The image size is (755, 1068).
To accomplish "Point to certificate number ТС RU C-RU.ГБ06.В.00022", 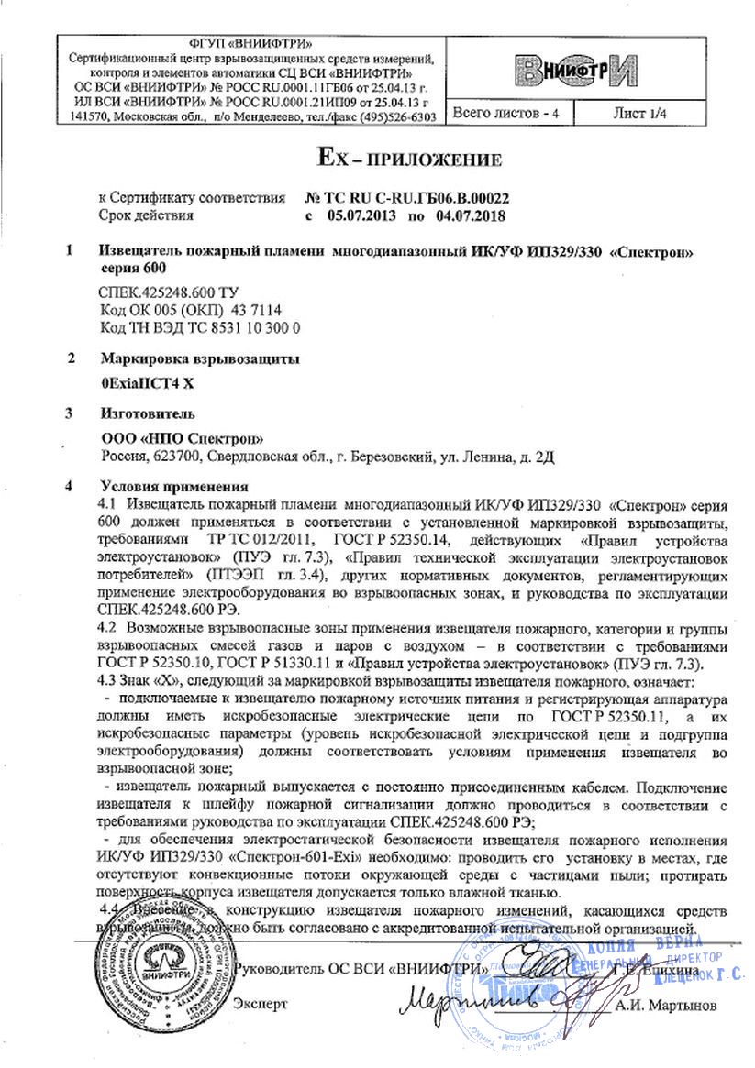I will (405, 198).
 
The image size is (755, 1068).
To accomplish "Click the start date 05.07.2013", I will (357, 215).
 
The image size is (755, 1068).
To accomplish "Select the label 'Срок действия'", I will (146, 215).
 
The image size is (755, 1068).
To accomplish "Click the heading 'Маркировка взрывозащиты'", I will (199, 358).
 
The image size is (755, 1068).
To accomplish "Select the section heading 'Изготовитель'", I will (146, 413).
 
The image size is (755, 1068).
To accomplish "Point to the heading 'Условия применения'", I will (173, 487).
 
